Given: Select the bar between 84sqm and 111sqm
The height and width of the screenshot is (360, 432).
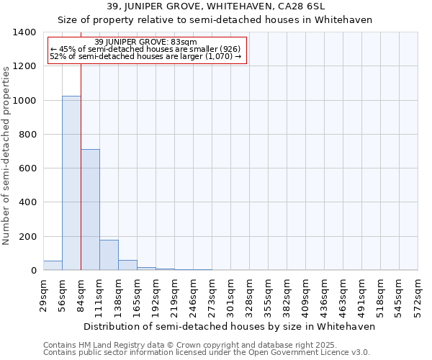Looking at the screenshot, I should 90,210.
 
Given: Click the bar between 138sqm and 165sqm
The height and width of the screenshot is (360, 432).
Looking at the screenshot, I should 127,265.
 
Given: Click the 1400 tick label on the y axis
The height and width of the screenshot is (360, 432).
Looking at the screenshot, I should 24,32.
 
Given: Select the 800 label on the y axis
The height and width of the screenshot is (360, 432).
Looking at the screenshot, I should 27,135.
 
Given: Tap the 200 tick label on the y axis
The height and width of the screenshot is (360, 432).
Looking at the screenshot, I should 27,237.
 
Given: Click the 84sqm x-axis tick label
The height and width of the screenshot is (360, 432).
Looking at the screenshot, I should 81,294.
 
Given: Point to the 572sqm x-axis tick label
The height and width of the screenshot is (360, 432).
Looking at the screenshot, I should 418,294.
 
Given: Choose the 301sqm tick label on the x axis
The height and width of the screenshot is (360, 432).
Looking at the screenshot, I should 230,294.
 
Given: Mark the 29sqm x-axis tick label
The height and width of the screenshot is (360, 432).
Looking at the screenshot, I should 43,294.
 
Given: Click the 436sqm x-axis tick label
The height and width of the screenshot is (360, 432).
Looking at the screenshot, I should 324,294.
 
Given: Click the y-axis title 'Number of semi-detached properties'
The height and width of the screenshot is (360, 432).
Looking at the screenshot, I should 6,155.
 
